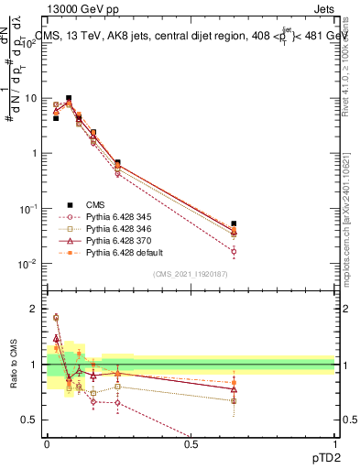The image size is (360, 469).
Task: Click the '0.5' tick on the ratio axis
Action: click(x=29, y=420)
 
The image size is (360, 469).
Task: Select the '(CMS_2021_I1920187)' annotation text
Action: click(x=191, y=274)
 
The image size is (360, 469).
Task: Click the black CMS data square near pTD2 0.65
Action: click(x=234, y=224)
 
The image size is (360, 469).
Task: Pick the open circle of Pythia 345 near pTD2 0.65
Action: click(x=234, y=251)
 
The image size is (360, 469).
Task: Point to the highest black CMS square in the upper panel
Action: click(x=69, y=98)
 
